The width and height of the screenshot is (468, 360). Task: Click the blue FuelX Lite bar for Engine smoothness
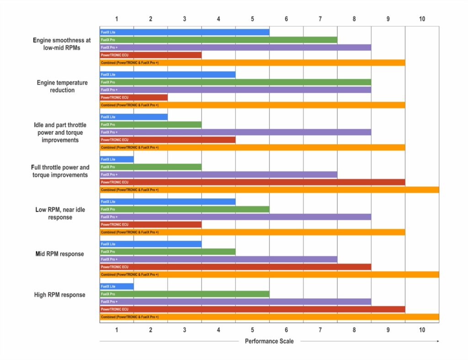pyautogui.click(x=185, y=32)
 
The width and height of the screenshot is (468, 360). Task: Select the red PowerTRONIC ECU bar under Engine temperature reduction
pyautogui.click(x=134, y=97)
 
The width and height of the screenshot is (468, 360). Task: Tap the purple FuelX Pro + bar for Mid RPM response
pyautogui.click(x=218, y=259)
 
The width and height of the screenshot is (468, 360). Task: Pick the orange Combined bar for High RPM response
pyautogui.click(x=269, y=317)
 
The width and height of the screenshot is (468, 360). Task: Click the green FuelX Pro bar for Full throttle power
pyautogui.click(x=151, y=167)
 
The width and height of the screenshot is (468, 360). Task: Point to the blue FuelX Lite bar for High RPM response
pyautogui.click(x=117, y=286)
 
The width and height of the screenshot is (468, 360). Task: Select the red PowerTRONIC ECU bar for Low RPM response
pyautogui.click(x=151, y=225)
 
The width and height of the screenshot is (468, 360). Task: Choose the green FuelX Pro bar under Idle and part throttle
pyautogui.click(x=151, y=125)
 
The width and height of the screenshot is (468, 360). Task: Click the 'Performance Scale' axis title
pyautogui.click(x=269, y=341)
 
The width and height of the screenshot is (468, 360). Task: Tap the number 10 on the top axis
pyautogui.click(x=422, y=19)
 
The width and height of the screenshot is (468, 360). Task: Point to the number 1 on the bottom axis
pyautogui.click(x=117, y=330)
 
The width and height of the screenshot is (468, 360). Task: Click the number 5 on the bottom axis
pyautogui.click(x=252, y=330)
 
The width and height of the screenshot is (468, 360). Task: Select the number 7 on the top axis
pyautogui.click(x=320, y=19)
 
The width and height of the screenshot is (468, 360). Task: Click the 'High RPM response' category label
pyautogui.click(x=60, y=295)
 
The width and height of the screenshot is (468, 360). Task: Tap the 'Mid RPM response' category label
pyautogui.click(x=60, y=254)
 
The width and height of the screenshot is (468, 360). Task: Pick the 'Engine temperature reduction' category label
pyautogui.click(x=62, y=86)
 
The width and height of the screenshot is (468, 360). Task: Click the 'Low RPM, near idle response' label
pyautogui.click(x=60, y=213)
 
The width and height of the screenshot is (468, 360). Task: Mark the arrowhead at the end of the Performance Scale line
pyautogui.click(x=438, y=341)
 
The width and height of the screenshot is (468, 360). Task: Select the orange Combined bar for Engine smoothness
pyautogui.click(x=252, y=63)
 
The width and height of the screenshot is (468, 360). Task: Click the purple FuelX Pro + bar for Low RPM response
pyautogui.click(x=235, y=217)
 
